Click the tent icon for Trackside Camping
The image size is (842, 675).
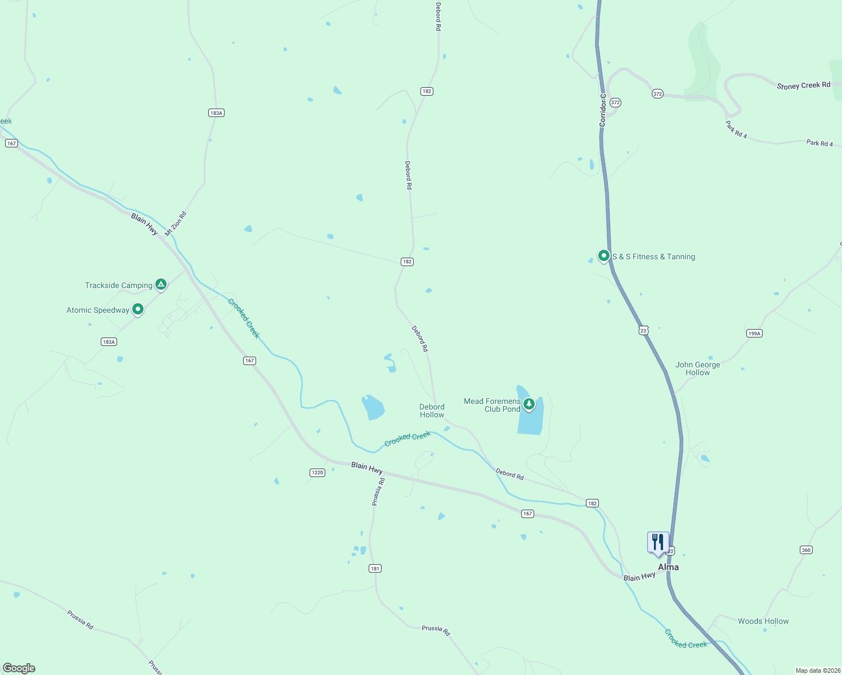(x=161, y=285)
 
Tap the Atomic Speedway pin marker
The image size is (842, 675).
(x=138, y=309)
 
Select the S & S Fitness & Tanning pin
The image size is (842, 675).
(x=604, y=256)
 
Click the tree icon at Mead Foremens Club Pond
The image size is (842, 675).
(x=529, y=403)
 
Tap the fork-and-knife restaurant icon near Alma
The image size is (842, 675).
(x=658, y=542)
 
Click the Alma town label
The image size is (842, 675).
(x=669, y=567)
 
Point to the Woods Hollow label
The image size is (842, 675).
(x=763, y=621)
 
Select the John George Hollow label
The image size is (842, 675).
(x=698, y=368)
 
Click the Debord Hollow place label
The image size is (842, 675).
(x=432, y=411)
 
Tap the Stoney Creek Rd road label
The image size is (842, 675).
(x=803, y=85)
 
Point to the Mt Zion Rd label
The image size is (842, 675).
(x=175, y=224)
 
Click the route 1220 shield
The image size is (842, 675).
(x=317, y=472)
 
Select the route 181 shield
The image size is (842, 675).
(x=375, y=569)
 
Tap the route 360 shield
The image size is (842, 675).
(x=806, y=550)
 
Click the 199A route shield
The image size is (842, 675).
(x=754, y=334)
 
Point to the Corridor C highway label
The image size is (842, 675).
(x=603, y=110)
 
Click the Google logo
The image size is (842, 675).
(x=19, y=668)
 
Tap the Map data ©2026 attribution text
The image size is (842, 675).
(x=817, y=670)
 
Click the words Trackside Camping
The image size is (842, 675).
(x=118, y=285)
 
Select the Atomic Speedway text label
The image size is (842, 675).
(x=98, y=310)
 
